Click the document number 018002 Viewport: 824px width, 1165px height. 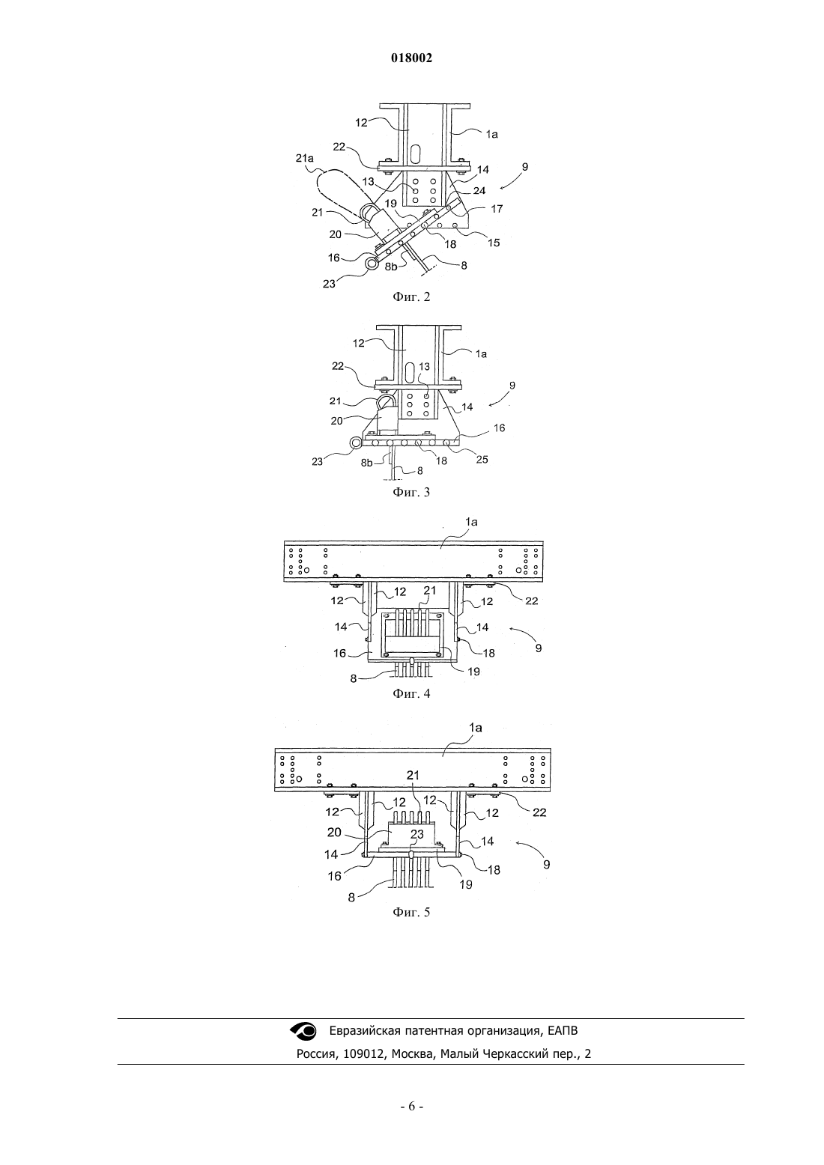point(411,58)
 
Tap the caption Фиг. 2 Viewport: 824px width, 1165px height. point(411,297)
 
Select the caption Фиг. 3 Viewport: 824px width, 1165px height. point(411,492)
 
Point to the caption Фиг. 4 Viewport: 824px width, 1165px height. point(411,693)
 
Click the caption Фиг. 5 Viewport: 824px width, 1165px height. point(411,912)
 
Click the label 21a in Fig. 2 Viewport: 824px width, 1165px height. point(305,157)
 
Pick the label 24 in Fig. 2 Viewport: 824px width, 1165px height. point(479,191)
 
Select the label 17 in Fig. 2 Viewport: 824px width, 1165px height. point(497,209)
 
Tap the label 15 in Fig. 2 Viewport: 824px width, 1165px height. point(493,243)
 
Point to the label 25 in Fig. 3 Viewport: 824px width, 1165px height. point(482,460)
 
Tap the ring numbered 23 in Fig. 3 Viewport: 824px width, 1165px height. point(356,442)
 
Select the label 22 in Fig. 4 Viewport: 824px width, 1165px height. point(531,600)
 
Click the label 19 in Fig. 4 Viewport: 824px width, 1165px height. point(473,672)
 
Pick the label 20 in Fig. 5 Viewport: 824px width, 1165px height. point(334,832)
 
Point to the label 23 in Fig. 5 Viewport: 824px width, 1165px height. point(416,834)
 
